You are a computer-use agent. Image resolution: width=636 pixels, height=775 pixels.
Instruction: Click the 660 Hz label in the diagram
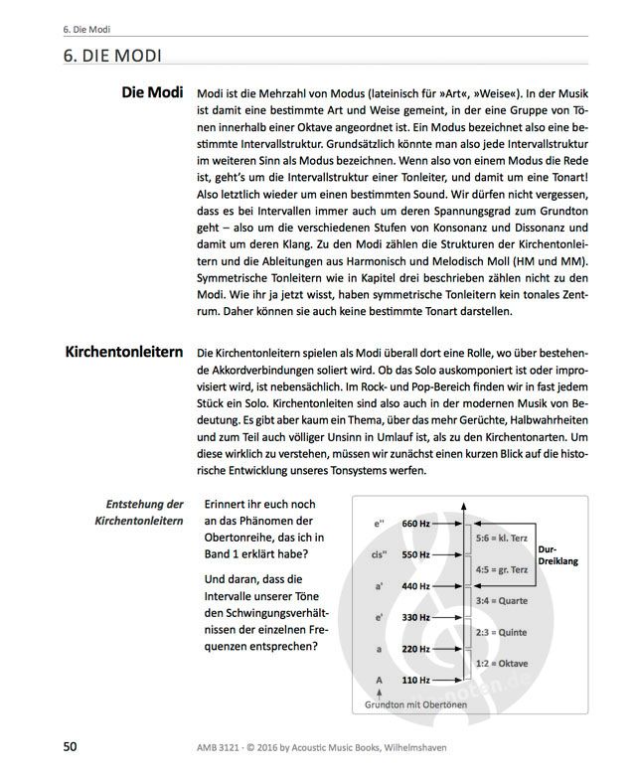pyautogui.click(x=414, y=524)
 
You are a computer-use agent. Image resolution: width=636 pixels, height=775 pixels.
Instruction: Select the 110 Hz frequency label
pyautogui.click(x=414, y=681)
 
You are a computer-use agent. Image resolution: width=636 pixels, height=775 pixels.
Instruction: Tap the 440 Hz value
pyautogui.click(x=414, y=586)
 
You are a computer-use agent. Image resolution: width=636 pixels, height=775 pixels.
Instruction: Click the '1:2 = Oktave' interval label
pyautogui.click(x=500, y=664)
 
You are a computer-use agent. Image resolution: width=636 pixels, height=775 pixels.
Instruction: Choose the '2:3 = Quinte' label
pyautogui.click(x=500, y=632)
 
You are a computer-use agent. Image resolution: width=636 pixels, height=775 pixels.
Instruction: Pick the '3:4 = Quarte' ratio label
pyautogui.click(x=500, y=600)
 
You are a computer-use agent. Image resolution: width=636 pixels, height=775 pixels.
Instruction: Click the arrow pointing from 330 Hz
pyautogui.click(x=448, y=618)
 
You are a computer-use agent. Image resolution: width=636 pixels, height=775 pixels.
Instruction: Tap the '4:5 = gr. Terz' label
pyautogui.click(x=502, y=569)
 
